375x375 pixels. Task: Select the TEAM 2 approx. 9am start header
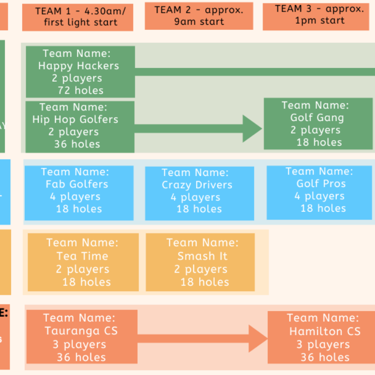[199, 16]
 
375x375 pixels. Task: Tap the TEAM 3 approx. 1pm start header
[319, 15]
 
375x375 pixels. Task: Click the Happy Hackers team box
[80, 72]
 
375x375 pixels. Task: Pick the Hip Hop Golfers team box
[80, 127]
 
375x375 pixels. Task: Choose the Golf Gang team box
[318, 124]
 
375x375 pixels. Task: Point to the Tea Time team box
[83, 262]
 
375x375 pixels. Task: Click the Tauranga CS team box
[81, 337]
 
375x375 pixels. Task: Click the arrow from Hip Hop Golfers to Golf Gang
[199, 129]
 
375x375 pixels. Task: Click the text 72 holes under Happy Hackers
[81, 91]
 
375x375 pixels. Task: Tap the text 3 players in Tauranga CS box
[80, 345]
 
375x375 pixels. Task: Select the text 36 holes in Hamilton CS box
[325, 357]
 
